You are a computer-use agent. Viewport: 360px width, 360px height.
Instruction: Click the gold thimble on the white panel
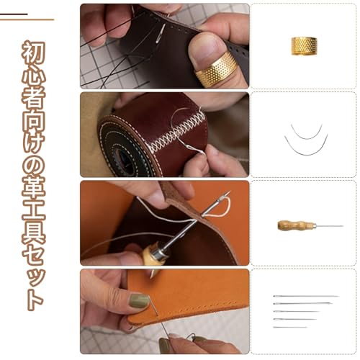point(304,46)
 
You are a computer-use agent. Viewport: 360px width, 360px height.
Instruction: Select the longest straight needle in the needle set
point(306,296)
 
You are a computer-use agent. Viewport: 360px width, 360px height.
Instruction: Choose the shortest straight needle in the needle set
point(290,327)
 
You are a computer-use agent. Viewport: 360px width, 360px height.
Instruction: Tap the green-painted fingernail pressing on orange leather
point(139,301)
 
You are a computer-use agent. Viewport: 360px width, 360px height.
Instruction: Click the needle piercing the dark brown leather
point(160,34)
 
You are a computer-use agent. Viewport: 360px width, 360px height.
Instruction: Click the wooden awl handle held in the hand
point(150,253)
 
